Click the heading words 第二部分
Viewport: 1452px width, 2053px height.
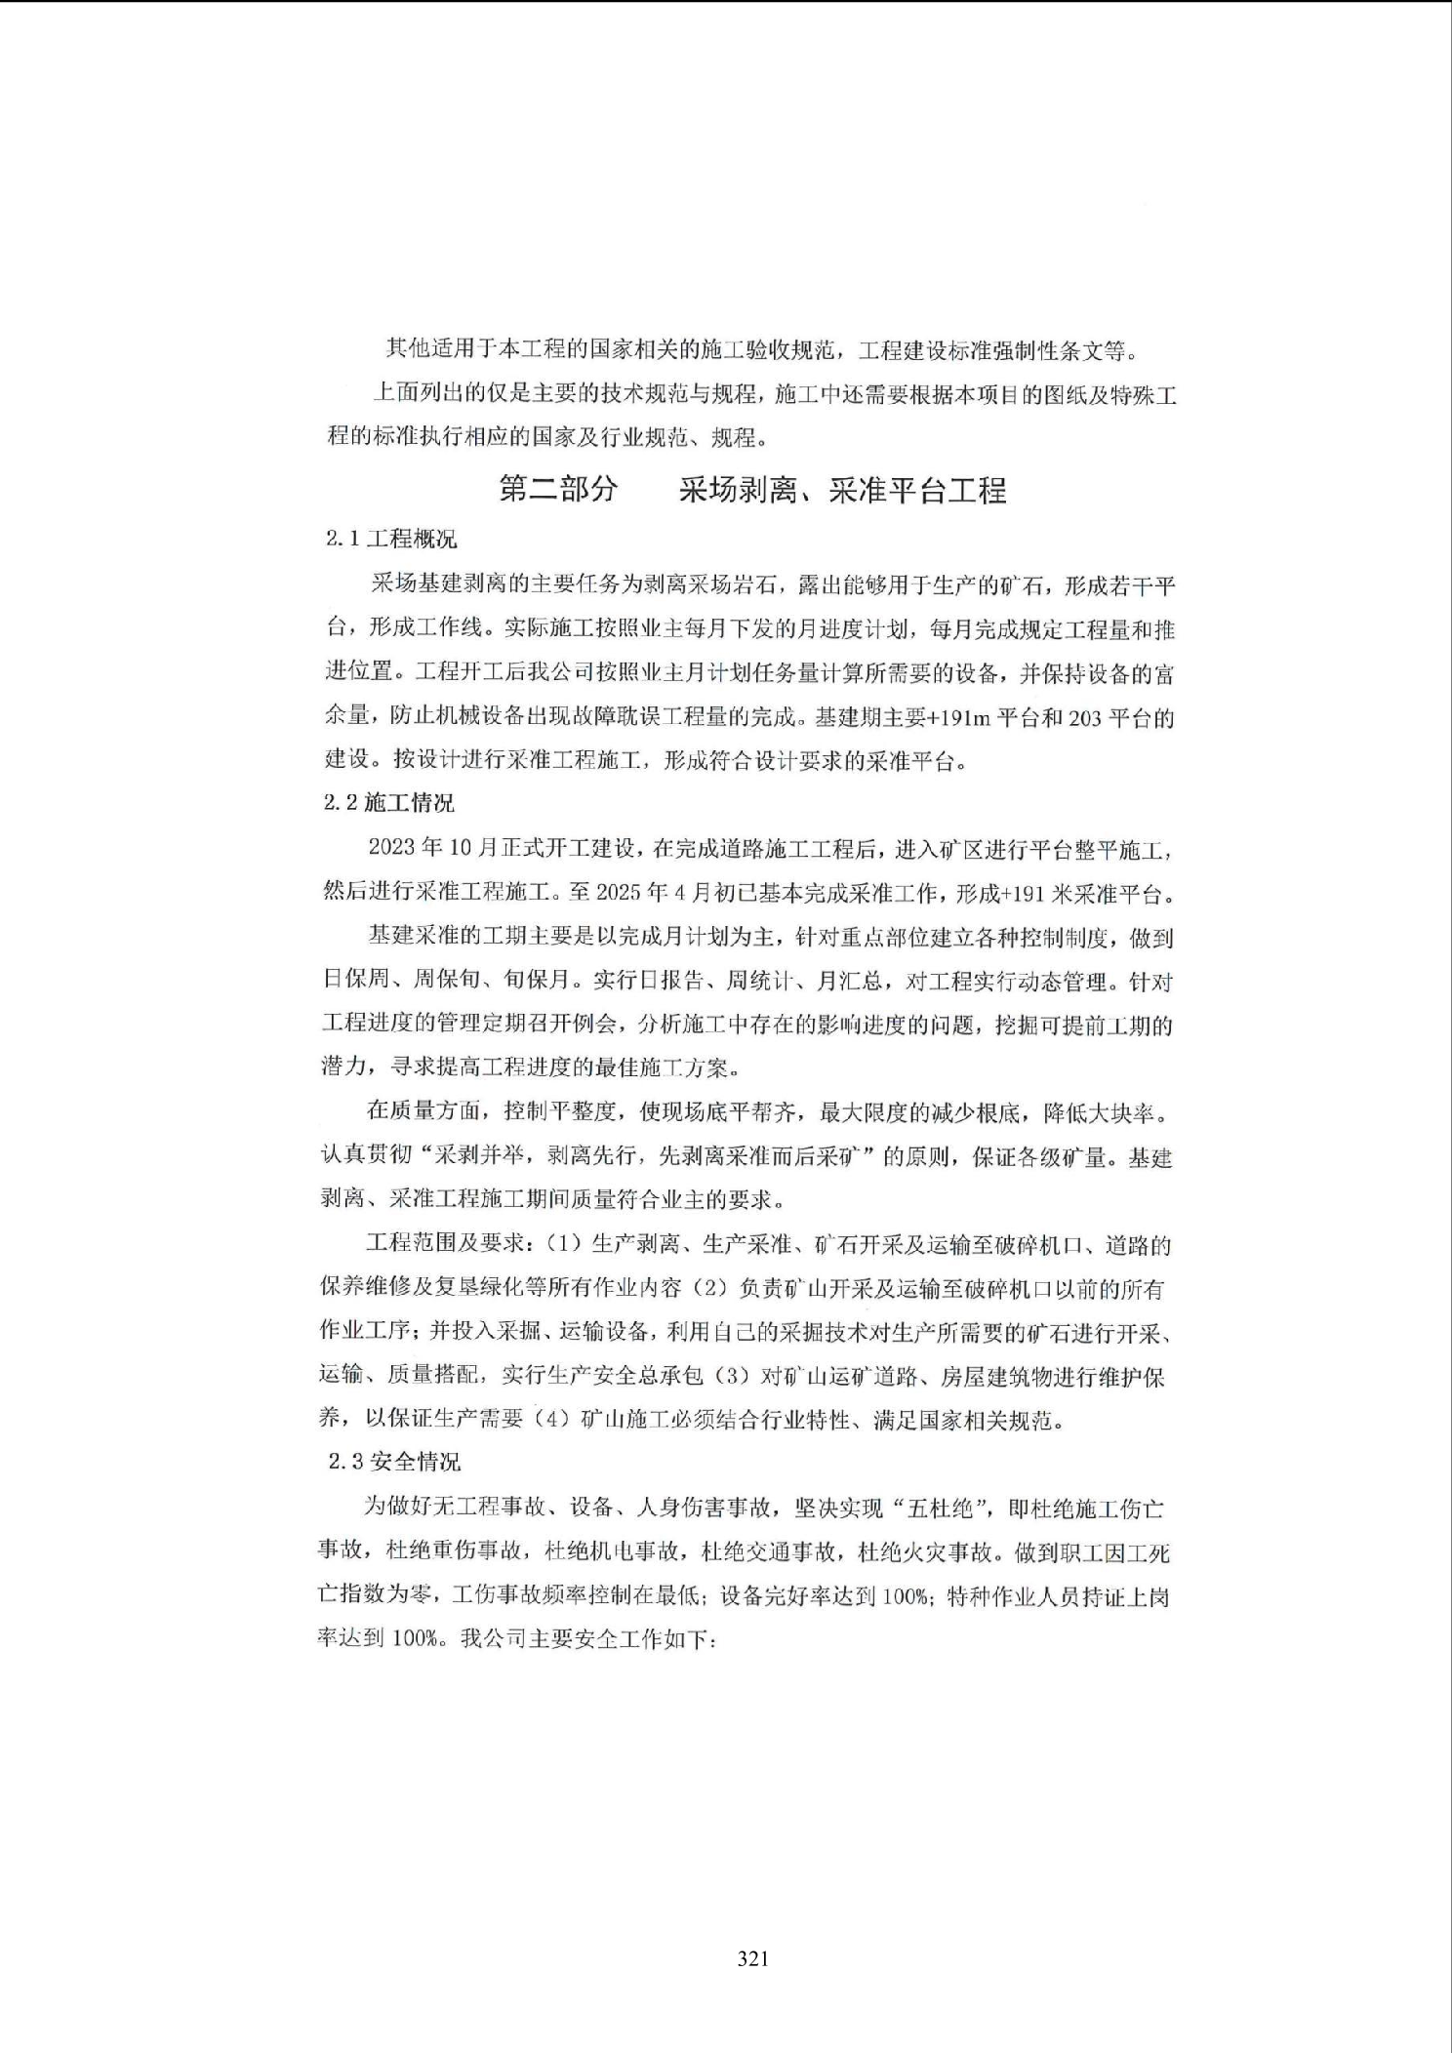(559, 489)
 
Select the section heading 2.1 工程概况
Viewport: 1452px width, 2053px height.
(390, 540)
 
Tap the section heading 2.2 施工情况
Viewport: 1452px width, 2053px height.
(388, 803)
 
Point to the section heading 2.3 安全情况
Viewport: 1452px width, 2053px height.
(394, 1462)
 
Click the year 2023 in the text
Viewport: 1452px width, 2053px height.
(392, 847)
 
